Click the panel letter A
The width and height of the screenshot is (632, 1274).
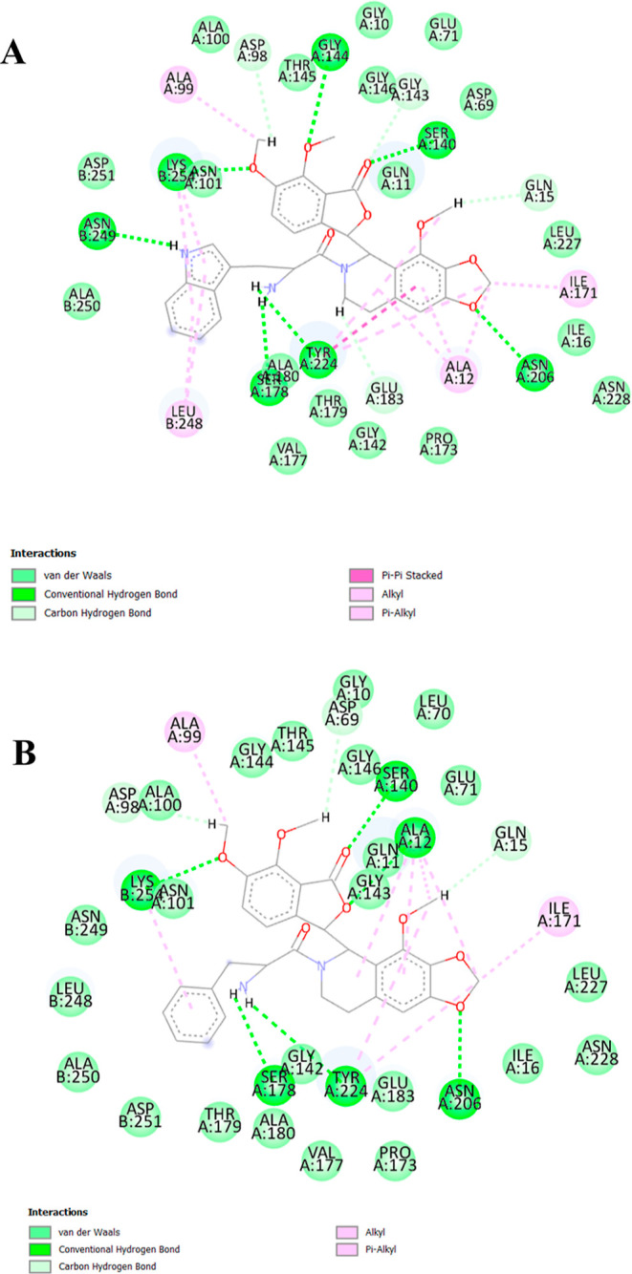coord(14,51)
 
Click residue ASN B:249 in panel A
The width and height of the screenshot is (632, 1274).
coord(96,229)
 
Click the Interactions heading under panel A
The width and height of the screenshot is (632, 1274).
coord(44,554)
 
